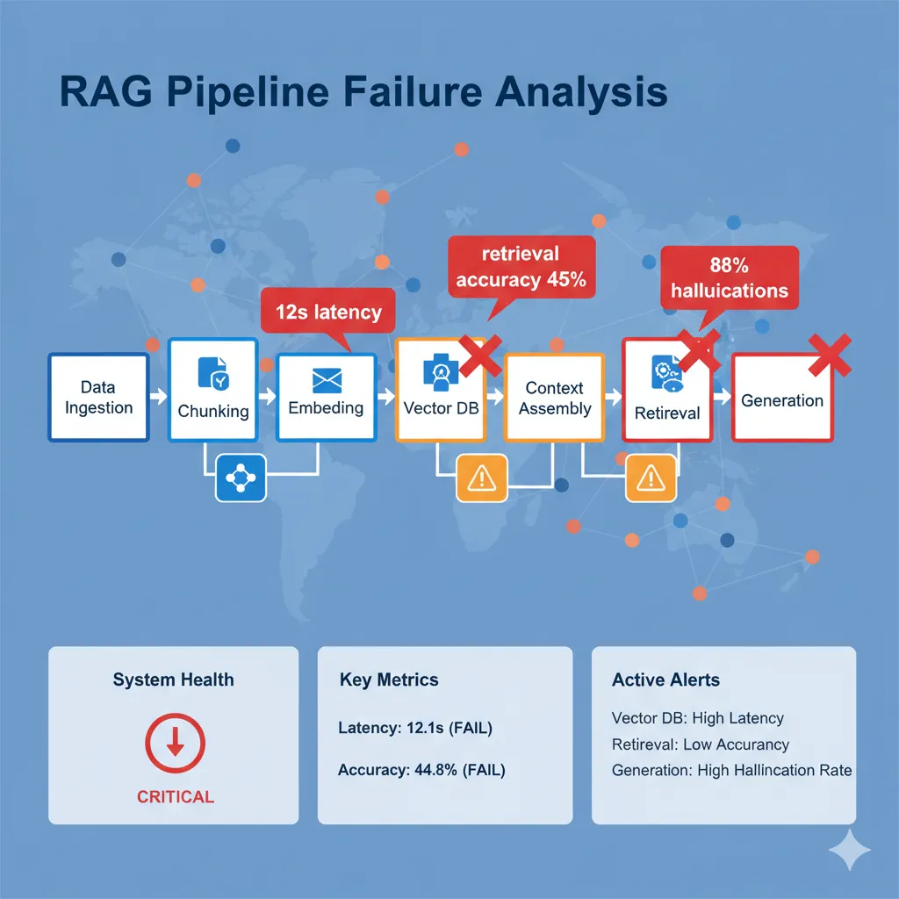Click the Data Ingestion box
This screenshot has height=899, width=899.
pyautogui.click(x=98, y=397)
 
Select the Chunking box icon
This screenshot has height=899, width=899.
pyautogui.click(x=213, y=373)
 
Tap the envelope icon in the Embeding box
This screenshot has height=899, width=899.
pyautogui.click(x=326, y=379)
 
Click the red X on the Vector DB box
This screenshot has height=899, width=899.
pyautogui.click(x=479, y=356)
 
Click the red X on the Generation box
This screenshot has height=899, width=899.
pyautogui.click(x=830, y=354)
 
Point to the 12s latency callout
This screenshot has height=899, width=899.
pyautogui.click(x=328, y=312)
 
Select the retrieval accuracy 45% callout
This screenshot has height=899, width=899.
pyautogui.click(x=521, y=268)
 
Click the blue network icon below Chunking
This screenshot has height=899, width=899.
pyautogui.click(x=241, y=478)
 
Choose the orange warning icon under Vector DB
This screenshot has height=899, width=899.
pyautogui.click(x=482, y=478)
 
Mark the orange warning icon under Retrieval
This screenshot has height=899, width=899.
pyautogui.click(x=651, y=478)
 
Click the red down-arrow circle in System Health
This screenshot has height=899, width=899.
pyautogui.click(x=175, y=744)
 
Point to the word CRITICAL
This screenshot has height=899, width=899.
pyautogui.click(x=176, y=797)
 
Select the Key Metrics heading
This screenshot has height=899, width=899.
pyautogui.click(x=388, y=680)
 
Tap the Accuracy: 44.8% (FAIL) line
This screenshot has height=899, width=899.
pyautogui.click(x=421, y=771)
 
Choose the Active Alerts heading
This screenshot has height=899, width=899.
pyautogui.click(x=665, y=680)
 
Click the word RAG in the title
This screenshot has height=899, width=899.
pyautogui.click(x=97, y=91)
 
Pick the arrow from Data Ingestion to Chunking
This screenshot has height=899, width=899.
pyautogui.click(x=158, y=397)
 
